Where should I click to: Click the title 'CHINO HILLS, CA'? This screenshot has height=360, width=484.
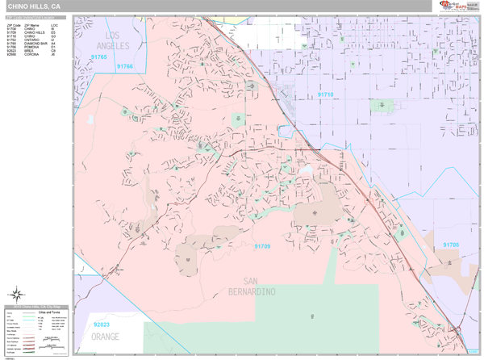point(34,6)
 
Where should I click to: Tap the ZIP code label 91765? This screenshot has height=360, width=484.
point(99,57)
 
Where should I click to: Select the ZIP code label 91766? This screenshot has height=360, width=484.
point(124,67)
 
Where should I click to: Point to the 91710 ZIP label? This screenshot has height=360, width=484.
point(325,94)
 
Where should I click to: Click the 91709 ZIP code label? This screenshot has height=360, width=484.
point(262,246)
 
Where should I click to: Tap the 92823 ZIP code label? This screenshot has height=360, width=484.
point(102,324)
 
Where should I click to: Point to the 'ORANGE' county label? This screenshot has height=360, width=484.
point(106,337)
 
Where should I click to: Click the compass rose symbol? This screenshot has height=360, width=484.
point(15,295)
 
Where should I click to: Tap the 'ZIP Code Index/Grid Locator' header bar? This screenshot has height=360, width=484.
point(36,17)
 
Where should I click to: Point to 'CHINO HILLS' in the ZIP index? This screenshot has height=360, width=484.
point(34,33)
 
